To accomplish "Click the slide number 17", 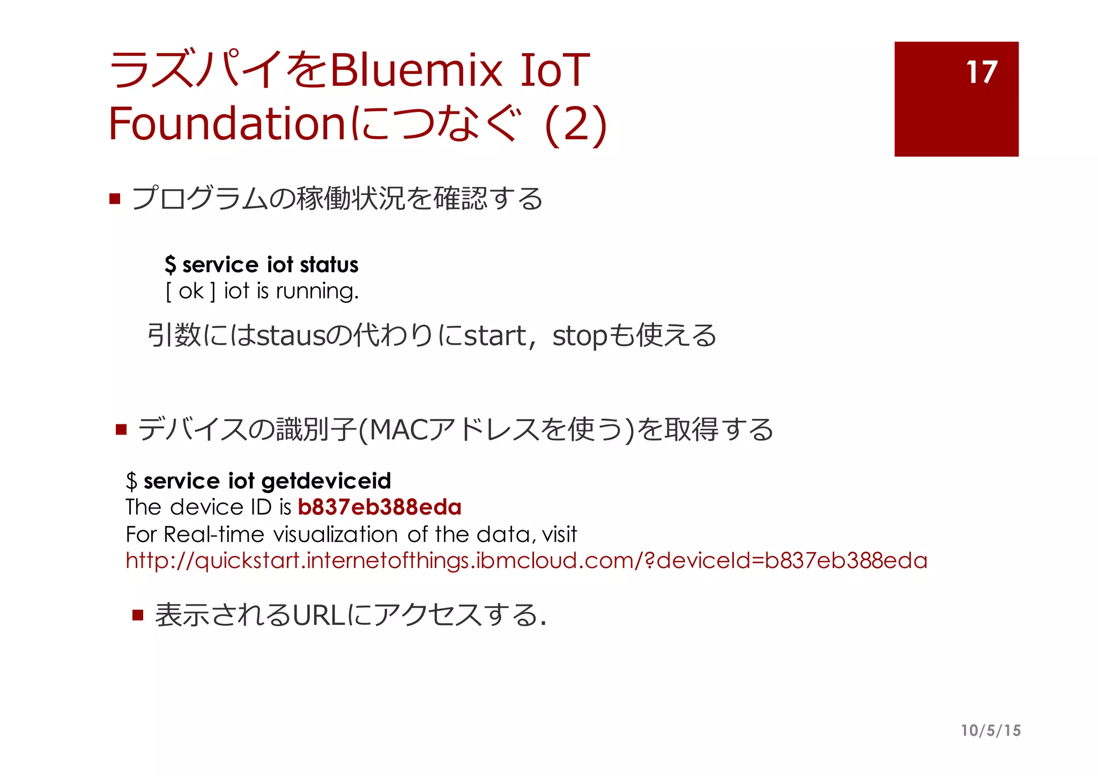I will click(981, 72).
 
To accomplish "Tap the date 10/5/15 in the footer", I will click(991, 730).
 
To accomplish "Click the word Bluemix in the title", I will click(416, 70).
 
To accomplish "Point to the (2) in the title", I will click(575, 124).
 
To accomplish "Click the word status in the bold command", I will click(329, 265).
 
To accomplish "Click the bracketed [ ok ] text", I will click(190, 292).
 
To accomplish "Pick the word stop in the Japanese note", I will click(580, 336).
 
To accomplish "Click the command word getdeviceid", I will click(326, 481).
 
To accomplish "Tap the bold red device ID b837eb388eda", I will click(379, 507).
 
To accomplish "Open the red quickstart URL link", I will click(526, 561).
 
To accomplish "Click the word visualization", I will click(335, 534).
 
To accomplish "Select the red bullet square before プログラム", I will click(115, 199).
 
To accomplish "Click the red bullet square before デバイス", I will click(121, 430).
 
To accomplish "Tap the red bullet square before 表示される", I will click(138, 615).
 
